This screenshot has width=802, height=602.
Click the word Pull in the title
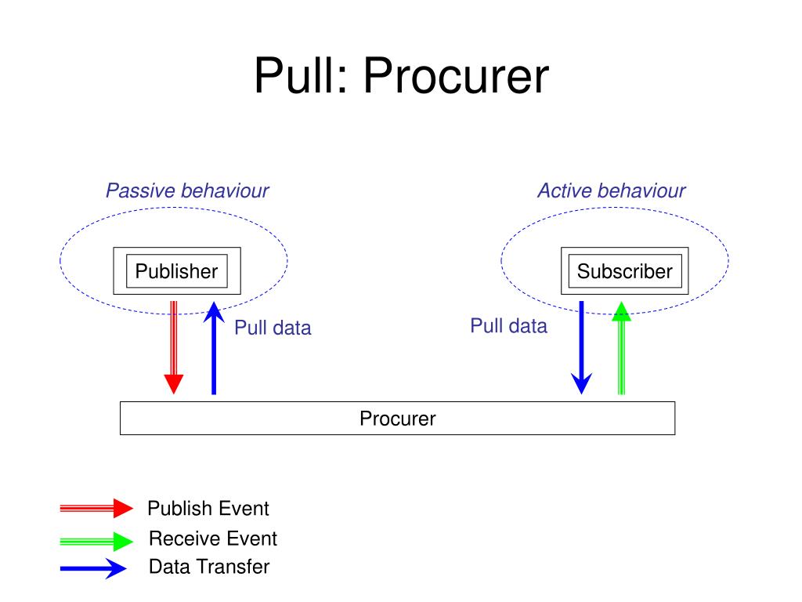coord(300,76)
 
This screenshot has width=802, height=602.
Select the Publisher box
coord(177,270)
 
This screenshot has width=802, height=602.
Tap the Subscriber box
coord(624,270)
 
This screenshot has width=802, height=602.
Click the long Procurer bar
coord(397,419)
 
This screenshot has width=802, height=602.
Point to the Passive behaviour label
coord(187,190)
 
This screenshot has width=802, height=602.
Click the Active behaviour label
coord(611,190)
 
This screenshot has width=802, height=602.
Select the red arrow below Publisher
coord(174,347)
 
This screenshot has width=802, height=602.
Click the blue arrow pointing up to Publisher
coord(214,348)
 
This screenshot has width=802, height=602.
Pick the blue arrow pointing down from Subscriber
coord(582,347)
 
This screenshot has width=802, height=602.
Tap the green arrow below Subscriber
coord(621,348)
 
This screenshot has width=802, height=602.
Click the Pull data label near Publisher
coord(273,328)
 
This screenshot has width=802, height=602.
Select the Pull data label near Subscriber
coord(509,325)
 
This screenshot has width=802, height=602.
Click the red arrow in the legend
coord(96,508)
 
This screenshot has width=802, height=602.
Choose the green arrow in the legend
coord(96,541)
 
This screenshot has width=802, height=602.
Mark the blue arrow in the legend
coord(94,568)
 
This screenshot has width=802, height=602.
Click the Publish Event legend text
coord(208,508)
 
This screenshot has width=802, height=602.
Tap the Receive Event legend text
coord(213,539)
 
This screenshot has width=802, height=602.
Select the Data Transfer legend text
coord(209,567)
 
